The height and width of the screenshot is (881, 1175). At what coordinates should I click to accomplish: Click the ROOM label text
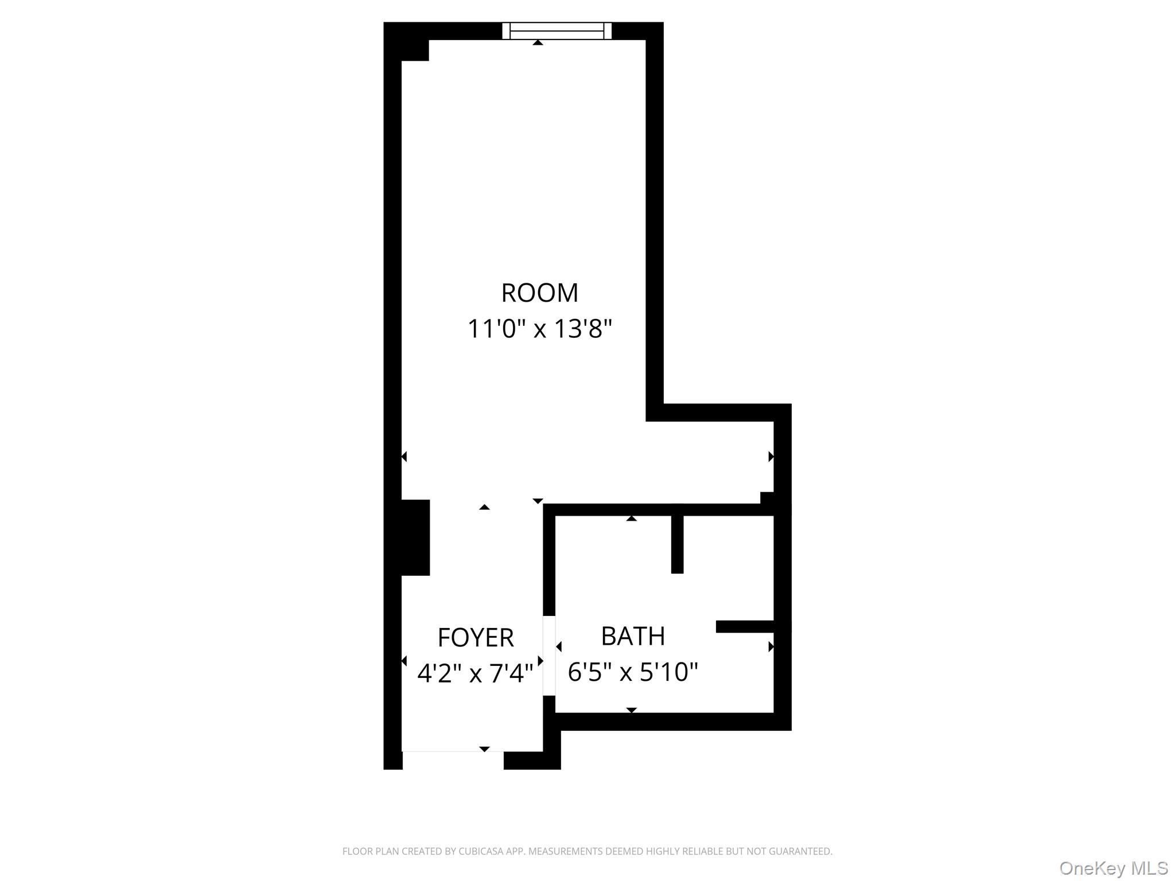pos(539,293)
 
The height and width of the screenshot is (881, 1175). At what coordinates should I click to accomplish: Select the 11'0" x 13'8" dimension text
pos(539,329)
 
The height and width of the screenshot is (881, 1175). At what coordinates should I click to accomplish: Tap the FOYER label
pos(475,637)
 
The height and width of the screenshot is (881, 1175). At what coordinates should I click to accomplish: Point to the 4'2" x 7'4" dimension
pos(475,673)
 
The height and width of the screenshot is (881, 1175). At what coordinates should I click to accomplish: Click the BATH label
pos(633,636)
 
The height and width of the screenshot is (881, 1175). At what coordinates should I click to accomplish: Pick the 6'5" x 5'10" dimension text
pos(632,672)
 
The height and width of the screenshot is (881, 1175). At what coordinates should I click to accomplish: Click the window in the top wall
pos(557,30)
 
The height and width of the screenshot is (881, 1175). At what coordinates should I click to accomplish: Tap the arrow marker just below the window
pos(538,43)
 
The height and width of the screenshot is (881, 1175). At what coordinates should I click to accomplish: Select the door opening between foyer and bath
pos(549,656)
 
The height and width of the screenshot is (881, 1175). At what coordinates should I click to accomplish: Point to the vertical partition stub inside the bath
pos(677,544)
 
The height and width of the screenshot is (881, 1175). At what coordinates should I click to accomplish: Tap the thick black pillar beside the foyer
pos(415,537)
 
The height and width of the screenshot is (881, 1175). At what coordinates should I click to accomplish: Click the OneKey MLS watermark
pos(1113,868)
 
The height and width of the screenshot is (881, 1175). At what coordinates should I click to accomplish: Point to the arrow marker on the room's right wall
pos(771,457)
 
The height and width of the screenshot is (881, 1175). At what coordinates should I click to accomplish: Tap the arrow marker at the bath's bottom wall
pos(631,710)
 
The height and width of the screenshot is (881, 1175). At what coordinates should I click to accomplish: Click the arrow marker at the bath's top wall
pos(631,519)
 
